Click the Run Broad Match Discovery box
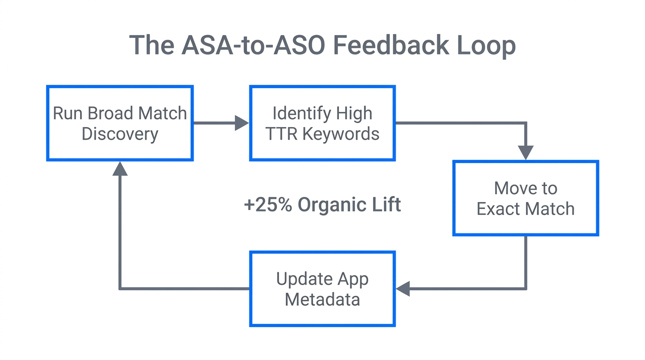point(120,123)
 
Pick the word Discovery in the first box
point(120,134)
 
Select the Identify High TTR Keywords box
point(322,123)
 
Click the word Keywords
point(341,134)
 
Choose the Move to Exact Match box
point(525,198)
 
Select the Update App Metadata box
point(322,289)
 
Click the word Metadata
point(322,300)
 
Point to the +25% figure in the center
point(268,205)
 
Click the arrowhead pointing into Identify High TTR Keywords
point(242,123)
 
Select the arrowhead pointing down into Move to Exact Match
point(525,153)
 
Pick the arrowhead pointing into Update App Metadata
point(403,289)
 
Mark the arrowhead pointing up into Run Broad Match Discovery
point(120,169)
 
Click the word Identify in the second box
point(296,113)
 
